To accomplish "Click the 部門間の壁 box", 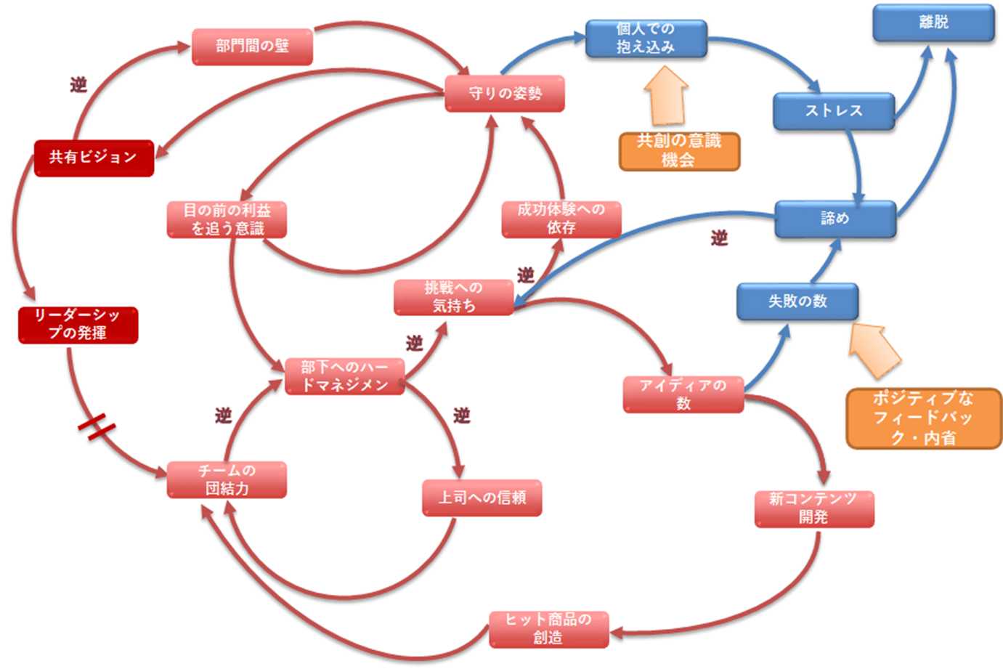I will [x=252, y=46].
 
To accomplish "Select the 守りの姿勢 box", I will [x=505, y=94].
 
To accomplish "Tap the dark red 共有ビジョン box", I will [x=94, y=158].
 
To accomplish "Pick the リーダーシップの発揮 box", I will [x=78, y=325].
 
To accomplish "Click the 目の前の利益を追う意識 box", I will [x=227, y=219].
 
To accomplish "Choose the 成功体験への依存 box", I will [x=561, y=219].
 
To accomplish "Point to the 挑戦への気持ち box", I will [x=454, y=297].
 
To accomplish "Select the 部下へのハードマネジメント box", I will [x=344, y=376].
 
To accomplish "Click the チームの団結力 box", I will [x=227, y=479].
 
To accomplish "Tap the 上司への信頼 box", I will [x=482, y=498].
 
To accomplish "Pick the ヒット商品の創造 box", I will [x=548, y=629].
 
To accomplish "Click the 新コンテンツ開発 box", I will [x=813, y=508].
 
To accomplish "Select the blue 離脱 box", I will [x=933, y=23].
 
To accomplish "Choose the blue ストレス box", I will [x=833, y=111].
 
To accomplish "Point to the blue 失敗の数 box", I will [x=797, y=301].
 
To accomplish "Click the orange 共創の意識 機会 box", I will [x=679, y=151].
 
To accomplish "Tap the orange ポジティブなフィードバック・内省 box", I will [x=923, y=418].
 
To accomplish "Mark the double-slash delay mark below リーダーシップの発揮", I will [x=97, y=426].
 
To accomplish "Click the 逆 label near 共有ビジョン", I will [x=78, y=85].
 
